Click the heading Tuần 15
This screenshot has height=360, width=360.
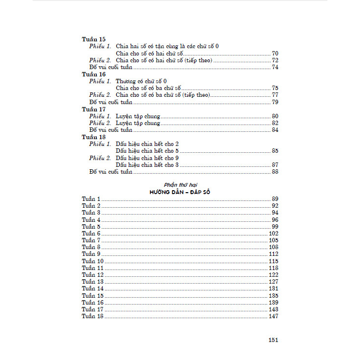click(x=93, y=39)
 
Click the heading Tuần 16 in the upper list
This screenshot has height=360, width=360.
click(x=93, y=74)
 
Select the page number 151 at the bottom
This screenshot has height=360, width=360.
click(x=273, y=340)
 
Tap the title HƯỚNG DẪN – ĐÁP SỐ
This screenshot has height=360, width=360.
click(x=180, y=192)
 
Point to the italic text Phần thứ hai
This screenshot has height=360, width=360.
click(x=180, y=185)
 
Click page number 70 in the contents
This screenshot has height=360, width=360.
click(x=275, y=53)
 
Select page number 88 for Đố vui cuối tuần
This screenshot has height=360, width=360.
click(x=275, y=172)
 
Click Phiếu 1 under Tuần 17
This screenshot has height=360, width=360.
click(x=100, y=116)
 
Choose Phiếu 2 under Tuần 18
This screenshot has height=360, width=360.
click(x=100, y=158)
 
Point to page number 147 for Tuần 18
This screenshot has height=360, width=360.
click(x=273, y=316)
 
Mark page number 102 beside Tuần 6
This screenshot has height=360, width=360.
click(x=273, y=234)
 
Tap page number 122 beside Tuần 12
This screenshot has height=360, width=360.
click(x=273, y=275)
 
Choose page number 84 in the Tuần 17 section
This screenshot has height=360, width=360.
click(x=275, y=130)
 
